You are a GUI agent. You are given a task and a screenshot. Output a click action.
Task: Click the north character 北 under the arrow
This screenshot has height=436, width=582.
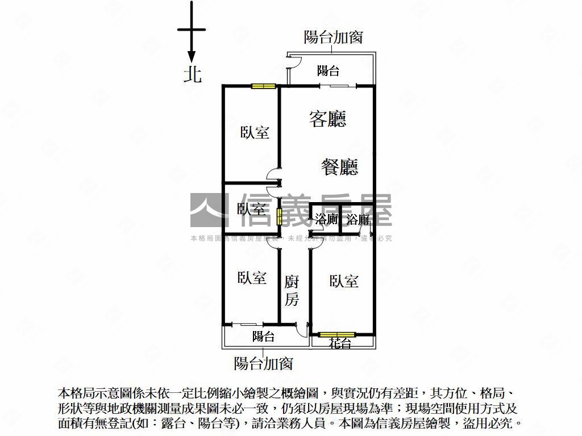click(192, 74)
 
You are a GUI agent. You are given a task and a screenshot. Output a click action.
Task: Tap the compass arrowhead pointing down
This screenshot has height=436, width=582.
click(192, 56)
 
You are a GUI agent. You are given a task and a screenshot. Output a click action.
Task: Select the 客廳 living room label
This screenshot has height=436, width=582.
click(327, 119)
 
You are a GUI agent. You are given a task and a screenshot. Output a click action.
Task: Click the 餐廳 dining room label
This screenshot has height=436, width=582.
click(339, 167)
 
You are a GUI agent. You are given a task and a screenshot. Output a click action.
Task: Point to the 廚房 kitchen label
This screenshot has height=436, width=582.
click(292, 290)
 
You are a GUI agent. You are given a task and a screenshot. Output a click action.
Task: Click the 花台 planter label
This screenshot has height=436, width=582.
click(340, 343)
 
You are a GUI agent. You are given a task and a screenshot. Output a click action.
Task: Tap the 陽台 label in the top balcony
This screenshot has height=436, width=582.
click(328, 71)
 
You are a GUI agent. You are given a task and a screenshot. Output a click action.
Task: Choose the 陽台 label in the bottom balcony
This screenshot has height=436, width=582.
click(263, 337)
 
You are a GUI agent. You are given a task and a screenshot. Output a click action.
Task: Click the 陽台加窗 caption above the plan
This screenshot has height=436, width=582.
click(333, 37)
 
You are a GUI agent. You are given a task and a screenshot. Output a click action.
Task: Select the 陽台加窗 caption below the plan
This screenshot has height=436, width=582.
click(263, 363)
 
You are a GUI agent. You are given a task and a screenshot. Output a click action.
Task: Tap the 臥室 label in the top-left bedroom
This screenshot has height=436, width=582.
click(255, 133)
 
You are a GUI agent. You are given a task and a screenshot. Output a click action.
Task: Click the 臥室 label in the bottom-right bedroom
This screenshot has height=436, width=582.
click(343, 280)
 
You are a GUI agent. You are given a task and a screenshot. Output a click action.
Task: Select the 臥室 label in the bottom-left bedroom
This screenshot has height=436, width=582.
click(252, 278)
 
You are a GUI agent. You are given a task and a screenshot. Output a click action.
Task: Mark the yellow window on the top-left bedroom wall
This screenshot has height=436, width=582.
click(264, 86)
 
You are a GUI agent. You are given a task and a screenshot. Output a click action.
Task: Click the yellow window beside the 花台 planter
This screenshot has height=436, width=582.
click(336, 334)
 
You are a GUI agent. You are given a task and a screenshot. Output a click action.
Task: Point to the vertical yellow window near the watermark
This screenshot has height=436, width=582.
click(279, 216)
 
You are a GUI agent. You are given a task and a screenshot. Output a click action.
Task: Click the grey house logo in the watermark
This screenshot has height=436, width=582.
click(206, 210)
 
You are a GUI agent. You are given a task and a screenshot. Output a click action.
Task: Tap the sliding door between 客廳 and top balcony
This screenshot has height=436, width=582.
click(338, 86)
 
